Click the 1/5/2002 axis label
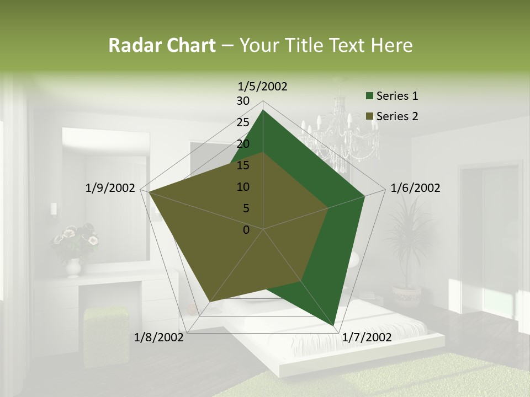[x=262, y=87]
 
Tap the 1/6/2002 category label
[x=415, y=188]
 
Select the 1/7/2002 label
[x=367, y=337]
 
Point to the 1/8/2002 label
[x=159, y=337]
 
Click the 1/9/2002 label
[x=110, y=188]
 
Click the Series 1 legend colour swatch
[x=369, y=96]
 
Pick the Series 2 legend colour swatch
[x=369, y=117]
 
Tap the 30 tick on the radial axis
[x=243, y=101]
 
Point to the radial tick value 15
[x=243, y=165]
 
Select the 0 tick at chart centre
[x=246, y=230]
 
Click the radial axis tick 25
[x=243, y=122]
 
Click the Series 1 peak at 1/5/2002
[x=263, y=110]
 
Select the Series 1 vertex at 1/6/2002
[x=364, y=196]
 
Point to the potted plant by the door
[x=407, y=248]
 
